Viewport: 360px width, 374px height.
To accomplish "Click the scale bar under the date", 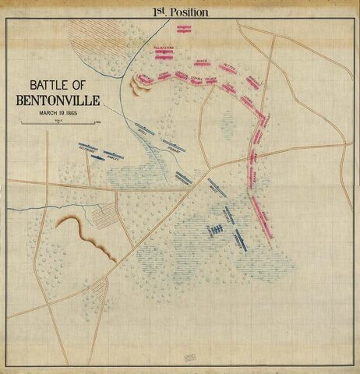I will pyautogui.click(x=58, y=123).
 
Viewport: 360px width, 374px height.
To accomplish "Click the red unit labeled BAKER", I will pyautogui.click(x=203, y=63).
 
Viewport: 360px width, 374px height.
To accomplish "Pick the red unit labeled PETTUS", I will pyautogui.click(x=228, y=68).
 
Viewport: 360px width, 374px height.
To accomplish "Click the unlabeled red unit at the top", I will pyautogui.click(x=184, y=29).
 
